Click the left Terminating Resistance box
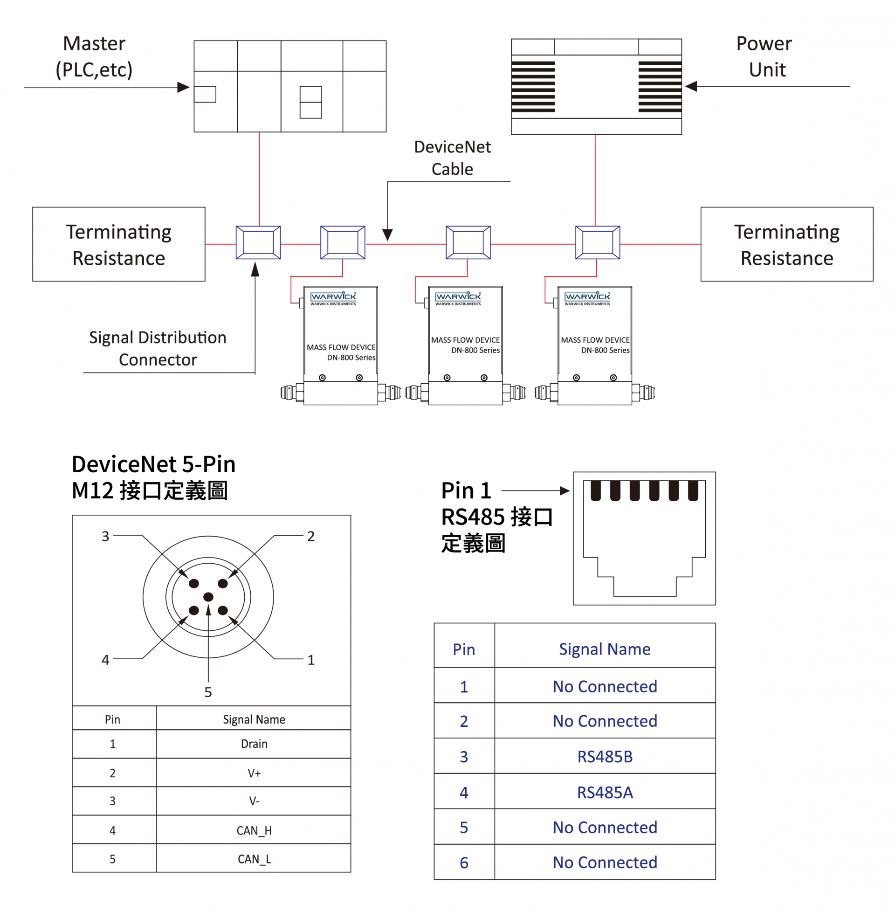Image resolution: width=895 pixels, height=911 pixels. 118,244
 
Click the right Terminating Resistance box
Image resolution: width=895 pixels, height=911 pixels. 786,244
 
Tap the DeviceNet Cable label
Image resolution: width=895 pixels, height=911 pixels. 452,158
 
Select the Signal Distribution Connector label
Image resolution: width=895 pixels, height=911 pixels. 158,348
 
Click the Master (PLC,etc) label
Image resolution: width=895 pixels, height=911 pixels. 94,56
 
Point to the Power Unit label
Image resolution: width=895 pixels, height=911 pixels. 764,56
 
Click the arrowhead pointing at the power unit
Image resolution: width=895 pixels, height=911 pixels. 691,86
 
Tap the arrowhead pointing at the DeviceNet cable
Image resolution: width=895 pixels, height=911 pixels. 387,234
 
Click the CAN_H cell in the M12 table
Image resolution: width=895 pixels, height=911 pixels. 254,830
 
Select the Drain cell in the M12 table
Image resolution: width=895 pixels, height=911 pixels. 254,744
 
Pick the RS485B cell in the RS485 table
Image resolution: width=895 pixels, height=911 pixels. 605,756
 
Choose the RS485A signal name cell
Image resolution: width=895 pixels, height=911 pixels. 605,792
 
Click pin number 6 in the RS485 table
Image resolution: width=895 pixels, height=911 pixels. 463,862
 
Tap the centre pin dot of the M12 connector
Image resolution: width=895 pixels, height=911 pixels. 208,597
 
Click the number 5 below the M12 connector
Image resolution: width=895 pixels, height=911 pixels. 208,692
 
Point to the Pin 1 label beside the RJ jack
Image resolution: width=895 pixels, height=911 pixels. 466,490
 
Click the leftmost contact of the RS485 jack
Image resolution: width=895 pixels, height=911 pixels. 596,490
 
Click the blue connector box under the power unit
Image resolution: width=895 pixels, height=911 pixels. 598,242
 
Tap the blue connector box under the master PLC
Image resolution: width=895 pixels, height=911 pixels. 258,242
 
